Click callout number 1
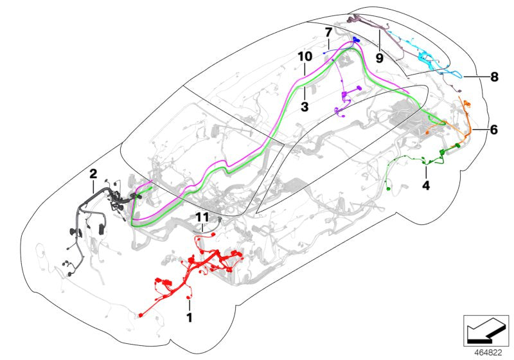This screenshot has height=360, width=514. pyautogui.click(x=190, y=318)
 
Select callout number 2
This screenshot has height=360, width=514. pyautogui.click(x=93, y=174)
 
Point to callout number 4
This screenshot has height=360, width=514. pyautogui.click(x=425, y=186)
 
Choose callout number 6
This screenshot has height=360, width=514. pyautogui.click(x=493, y=129)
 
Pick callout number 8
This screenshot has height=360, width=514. pyautogui.click(x=493, y=77)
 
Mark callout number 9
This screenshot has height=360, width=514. pyautogui.click(x=379, y=57)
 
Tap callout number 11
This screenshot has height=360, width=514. pyautogui.click(x=203, y=217)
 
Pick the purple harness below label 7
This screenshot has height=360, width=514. pyautogui.click(x=346, y=96)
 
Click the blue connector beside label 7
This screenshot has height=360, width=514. pyautogui.click(x=355, y=40)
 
